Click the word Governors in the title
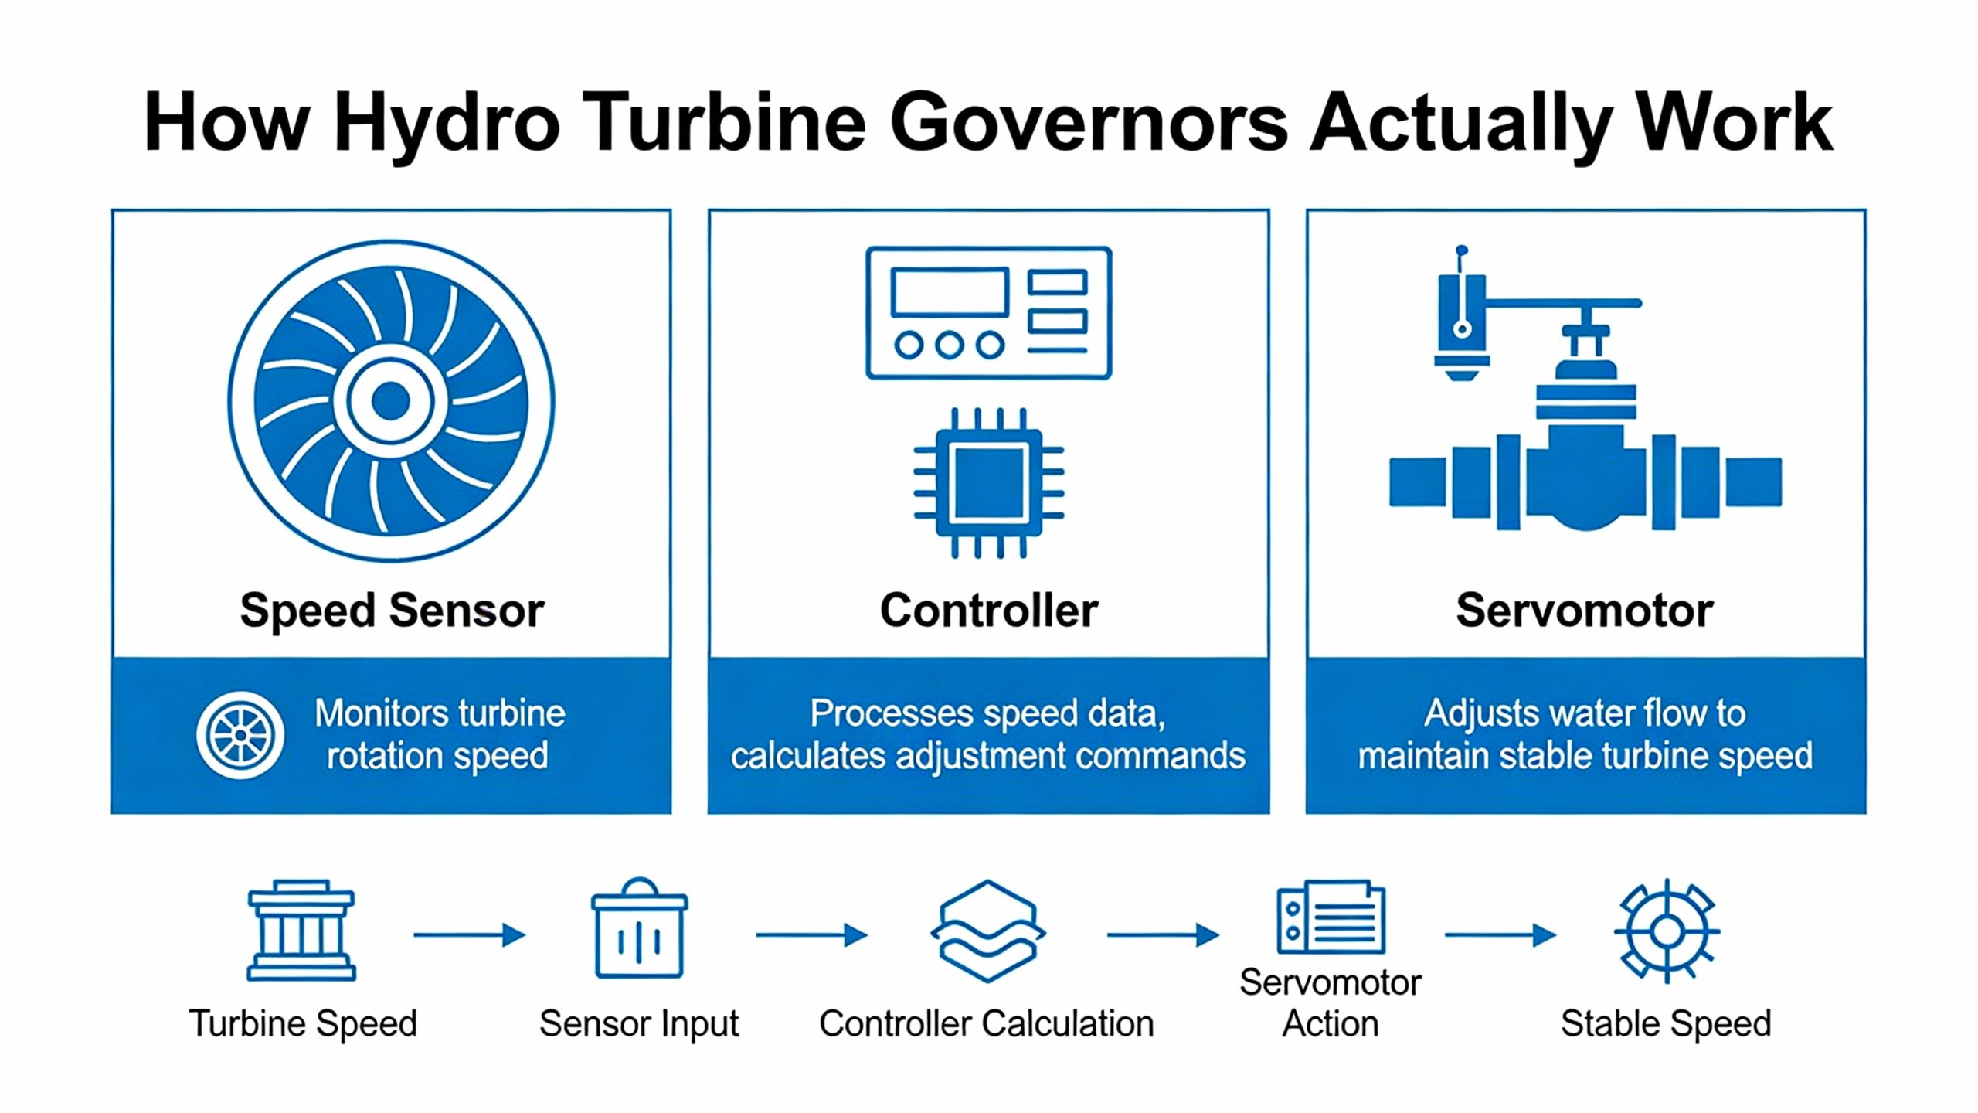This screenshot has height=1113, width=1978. click(1089, 124)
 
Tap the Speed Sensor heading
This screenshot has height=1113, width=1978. click(392, 611)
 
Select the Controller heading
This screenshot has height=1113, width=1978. click(988, 611)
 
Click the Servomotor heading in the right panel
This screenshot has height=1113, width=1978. click(1585, 611)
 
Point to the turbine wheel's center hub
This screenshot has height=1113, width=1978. click(391, 400)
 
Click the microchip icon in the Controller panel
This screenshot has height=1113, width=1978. click(988, 483)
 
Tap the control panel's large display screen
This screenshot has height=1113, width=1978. click(950, 292)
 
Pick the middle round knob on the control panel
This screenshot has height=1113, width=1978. click(950, 345)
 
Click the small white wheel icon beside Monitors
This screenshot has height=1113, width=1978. click(240, 734)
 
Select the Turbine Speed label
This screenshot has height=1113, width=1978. click(303, 1023)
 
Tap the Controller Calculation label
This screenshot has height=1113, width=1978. click(987, 1023)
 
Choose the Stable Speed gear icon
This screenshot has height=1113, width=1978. click(1667, 931)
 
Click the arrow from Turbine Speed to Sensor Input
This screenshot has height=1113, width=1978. click(469, 935)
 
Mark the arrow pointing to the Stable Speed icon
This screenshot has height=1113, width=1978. click(1500, 935)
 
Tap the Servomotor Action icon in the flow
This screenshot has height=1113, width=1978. click(1331, 917)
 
